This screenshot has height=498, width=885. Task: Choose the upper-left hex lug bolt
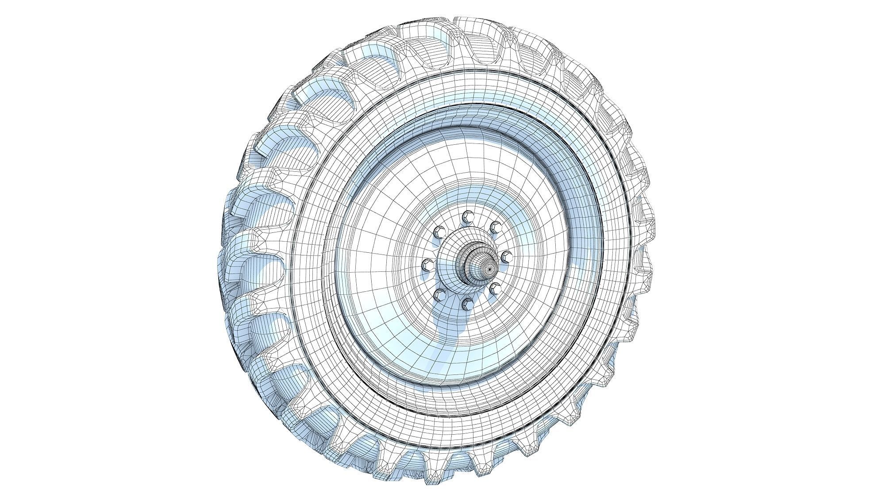439,232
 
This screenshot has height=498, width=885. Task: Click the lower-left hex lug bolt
439,294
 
